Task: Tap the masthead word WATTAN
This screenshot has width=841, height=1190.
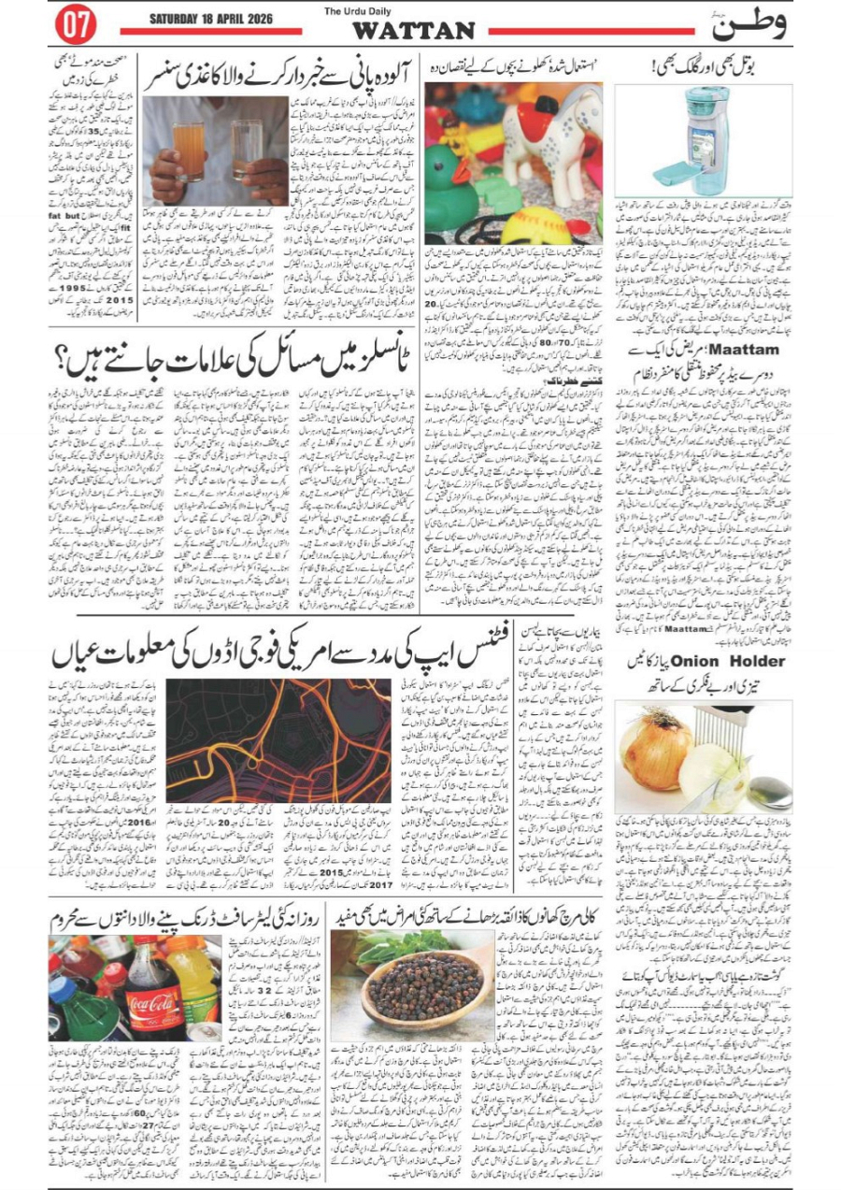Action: click(413, 30)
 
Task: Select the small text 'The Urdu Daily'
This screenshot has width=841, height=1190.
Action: click(354, 11)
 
